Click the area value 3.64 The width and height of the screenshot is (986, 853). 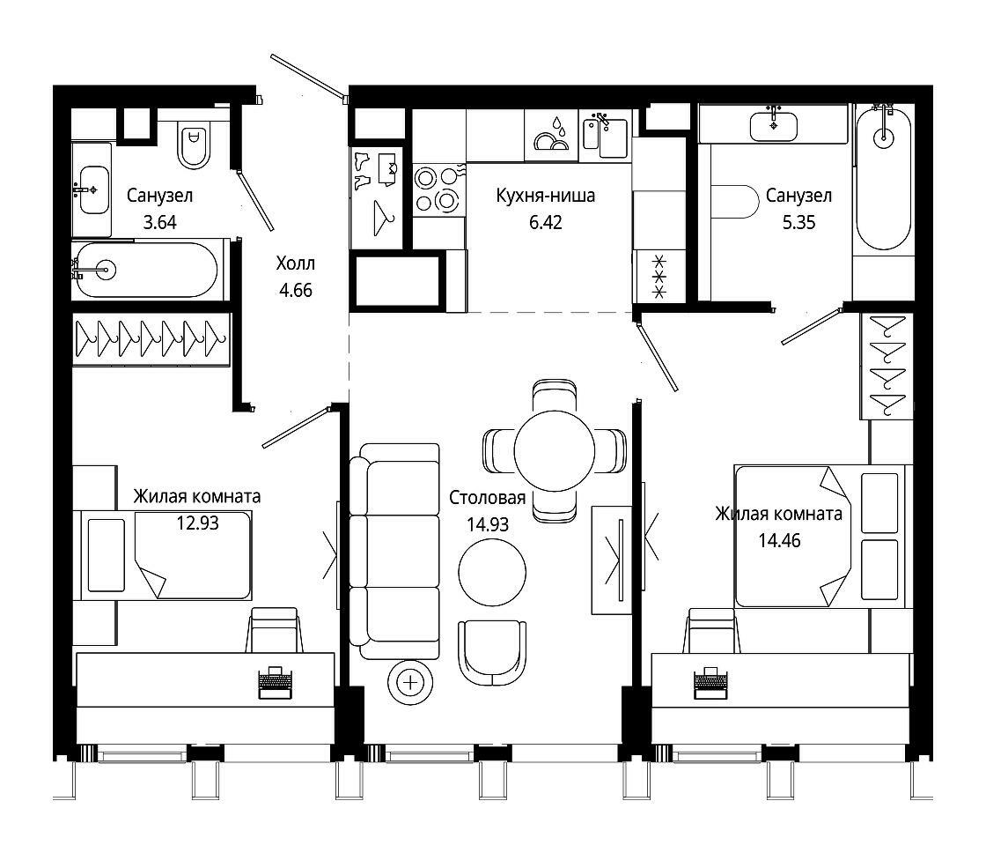(x=159, y=222)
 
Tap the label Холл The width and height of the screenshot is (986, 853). (x=296, y=263)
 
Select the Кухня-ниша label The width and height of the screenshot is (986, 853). (x=545, y=196)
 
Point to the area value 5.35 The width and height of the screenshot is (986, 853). (x=798, y=222)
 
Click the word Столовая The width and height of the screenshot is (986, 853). (x=488, y=498)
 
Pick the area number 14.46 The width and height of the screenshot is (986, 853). (x=780, y=541)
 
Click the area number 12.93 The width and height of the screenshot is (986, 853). (x=197, y=523)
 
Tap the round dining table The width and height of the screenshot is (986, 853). (x=554, y=451)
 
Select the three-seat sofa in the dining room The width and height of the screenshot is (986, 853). (x=394, y=552)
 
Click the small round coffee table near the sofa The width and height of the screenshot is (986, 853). (x=492, y=573)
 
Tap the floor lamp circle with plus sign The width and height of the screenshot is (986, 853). (x=410, y=682)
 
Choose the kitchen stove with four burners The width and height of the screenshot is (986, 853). (x=439, y=189)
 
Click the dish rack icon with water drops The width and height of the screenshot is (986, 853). (x=551, y=135)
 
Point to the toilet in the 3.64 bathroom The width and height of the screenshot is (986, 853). (x=194, y=145)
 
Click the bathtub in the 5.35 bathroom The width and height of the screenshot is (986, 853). (x=884, y=179)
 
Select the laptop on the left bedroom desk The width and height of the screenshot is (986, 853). (x=276, y=682)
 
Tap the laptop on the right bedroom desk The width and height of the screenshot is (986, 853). (x=710, y=682)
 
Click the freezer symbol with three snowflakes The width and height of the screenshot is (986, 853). (x=659, y=277)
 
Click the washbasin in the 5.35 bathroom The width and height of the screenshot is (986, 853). (x=774, y=124)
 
